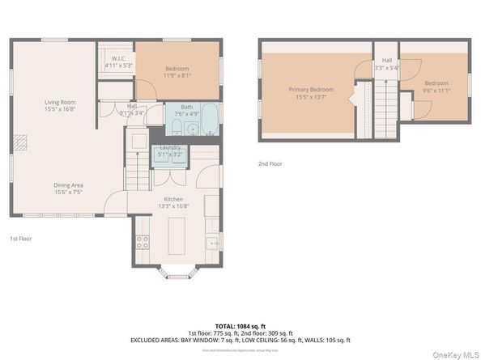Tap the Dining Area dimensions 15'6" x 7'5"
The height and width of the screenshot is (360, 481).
[x=68, y=192]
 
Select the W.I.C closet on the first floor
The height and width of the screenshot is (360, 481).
[x=113, y=60]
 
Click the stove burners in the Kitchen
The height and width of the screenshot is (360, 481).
[x=142, y=241]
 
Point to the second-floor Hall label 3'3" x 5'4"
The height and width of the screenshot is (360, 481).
[x=386, y=64]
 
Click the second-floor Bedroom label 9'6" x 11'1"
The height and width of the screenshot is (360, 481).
[x=436, y=87]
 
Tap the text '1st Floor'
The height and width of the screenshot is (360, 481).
[x=20, y=239]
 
